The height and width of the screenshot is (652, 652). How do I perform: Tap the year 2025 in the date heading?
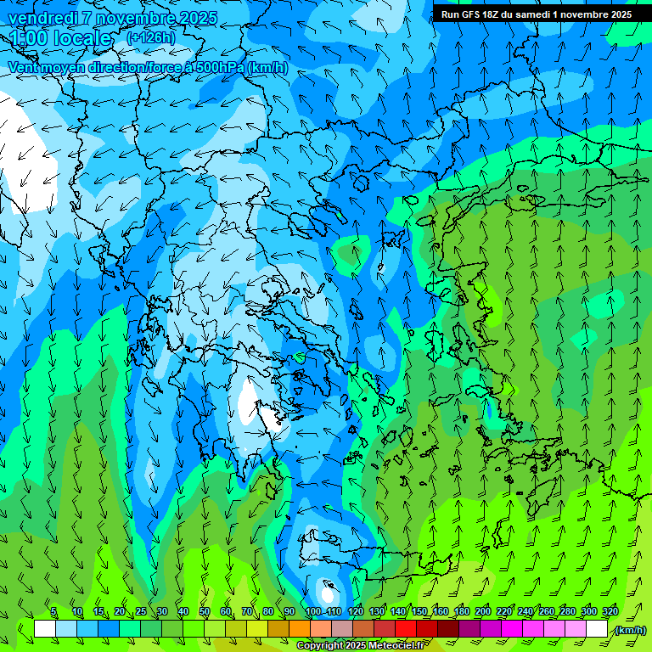(x=193, y=18)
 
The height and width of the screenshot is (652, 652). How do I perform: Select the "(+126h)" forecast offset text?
(x=151, y=37)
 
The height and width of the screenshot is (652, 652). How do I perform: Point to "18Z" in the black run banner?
(x=491, y=14)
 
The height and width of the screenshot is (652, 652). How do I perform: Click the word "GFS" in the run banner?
(x=469, y=14)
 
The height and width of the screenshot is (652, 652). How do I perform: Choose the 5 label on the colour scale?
(x=53, y=612)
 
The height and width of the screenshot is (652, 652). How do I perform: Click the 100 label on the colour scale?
(x=312, y=612)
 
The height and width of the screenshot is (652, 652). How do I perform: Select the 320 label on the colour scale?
(x=610, y=612)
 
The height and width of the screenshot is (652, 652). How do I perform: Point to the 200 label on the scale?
(x=483, y=612)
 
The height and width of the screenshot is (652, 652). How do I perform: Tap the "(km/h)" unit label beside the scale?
(x=630, y=630)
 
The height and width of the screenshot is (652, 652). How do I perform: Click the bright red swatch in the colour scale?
(x=406, y=629)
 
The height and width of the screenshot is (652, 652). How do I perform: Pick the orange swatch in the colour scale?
(x=300, y=629)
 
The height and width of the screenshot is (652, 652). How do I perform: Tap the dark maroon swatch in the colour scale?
(x=448, y=629)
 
